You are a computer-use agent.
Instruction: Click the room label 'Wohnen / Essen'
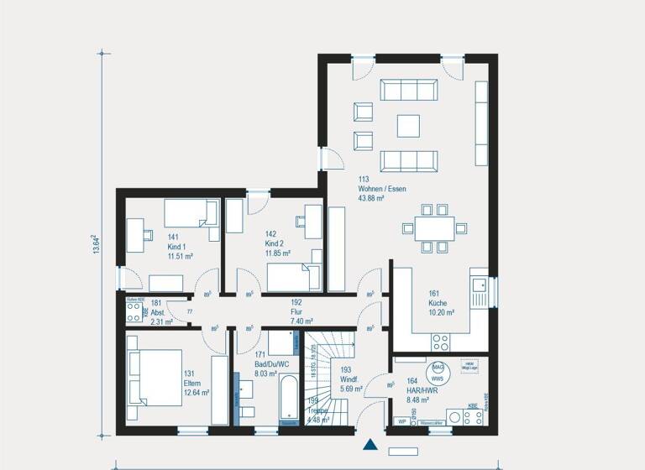tap(376, 189)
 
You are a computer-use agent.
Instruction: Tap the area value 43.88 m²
tap(372, 198)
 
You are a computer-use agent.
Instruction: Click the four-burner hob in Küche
tap(440, 341)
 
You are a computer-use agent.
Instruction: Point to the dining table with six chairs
tap(429, 227)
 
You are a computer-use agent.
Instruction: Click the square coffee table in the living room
tap(409, 124)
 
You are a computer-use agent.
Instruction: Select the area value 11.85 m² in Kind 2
tap(277, 253)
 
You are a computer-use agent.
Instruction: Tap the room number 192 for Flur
tap(296, 301)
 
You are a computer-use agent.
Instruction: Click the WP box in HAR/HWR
tap(401, 421)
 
